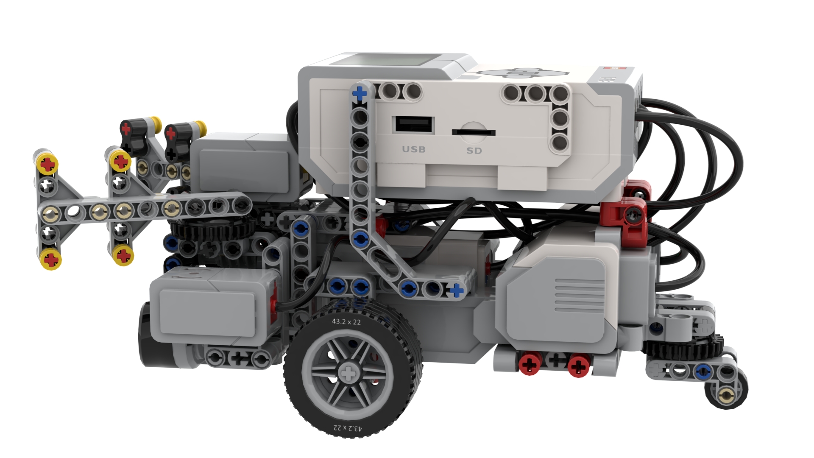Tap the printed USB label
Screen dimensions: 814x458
(413, 149)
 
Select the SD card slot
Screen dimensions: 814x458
(474, 132)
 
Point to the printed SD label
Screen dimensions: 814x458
(474, 151)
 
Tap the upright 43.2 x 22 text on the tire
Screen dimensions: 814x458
(346, 321)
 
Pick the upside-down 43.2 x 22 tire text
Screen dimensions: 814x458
(348, 428)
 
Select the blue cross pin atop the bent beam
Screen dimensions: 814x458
(360, 93)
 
